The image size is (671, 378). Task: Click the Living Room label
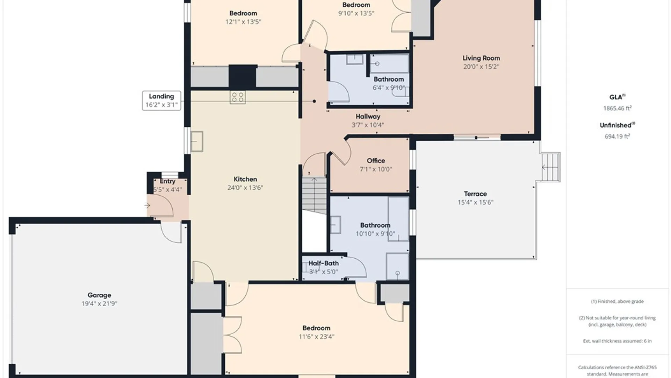(x=481, y=58)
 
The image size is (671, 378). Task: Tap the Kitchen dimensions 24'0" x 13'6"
(x=245, y=188)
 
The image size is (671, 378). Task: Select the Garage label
(x=99, y=295)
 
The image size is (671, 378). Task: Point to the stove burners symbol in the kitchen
(x=238, y=97)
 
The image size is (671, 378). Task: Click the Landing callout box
(x=161, y=101)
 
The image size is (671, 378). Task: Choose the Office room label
(x=376, y=161)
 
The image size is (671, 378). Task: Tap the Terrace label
(x=475, y=194)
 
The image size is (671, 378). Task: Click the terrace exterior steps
(x=551, y=167)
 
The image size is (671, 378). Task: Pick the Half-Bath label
(x=324, y=263)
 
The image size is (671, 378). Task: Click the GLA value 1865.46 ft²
(x=618, y=108)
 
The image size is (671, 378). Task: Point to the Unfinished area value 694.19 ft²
(x=618, y=136)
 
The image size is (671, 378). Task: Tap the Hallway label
(x=368, y=117)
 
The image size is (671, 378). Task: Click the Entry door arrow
(x=147, y=205)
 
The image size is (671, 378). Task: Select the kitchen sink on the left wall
(x=197, y=141)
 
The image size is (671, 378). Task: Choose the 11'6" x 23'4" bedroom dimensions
(x=317, y=337)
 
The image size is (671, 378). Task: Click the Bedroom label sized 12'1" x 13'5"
(x=243, y=13)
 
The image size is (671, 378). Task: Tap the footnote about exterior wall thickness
(x=618, y=341)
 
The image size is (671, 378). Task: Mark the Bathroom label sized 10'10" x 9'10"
(x=375, y=225)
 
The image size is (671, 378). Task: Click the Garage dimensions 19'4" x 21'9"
(x=99, y=304)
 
